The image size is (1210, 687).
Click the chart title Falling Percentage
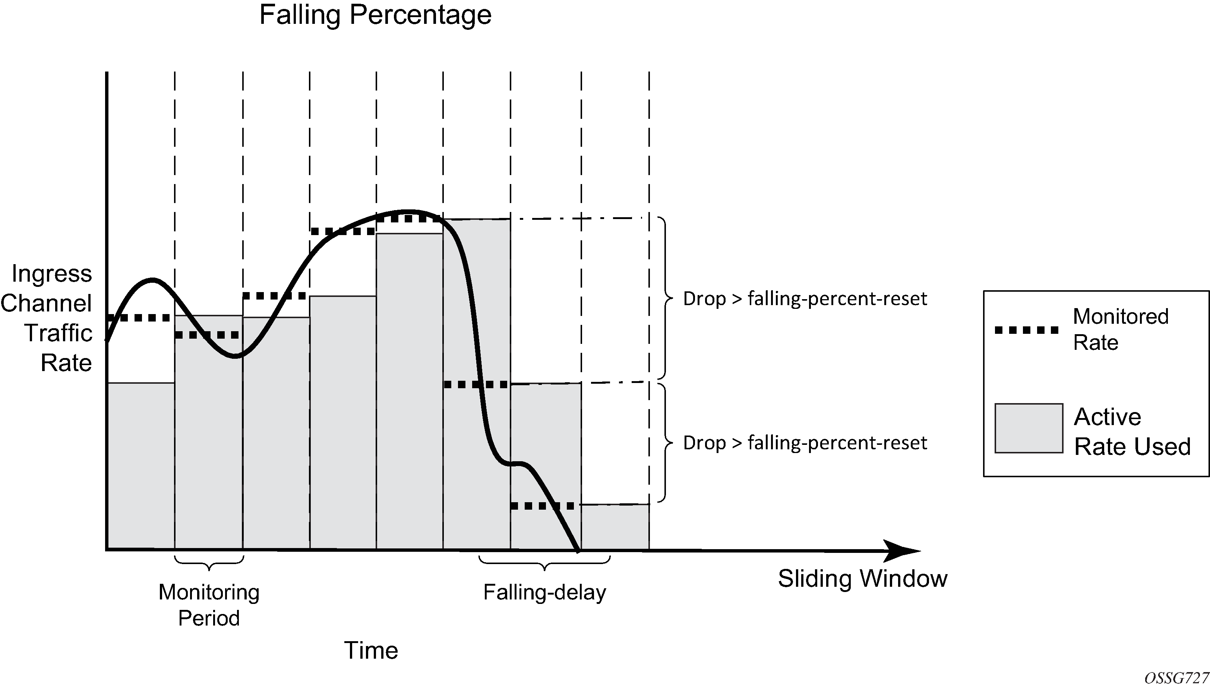375,15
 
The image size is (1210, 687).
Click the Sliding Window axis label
862,579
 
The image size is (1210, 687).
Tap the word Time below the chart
371,650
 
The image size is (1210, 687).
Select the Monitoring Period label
209,605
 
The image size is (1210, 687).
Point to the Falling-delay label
544,592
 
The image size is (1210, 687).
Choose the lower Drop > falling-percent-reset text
805,443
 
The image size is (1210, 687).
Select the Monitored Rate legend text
1120,329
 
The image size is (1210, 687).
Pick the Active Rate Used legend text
1132,432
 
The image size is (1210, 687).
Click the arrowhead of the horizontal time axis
904,550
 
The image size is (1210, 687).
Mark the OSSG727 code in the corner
1176,678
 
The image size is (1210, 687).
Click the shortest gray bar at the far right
615,527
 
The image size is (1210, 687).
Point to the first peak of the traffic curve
152,280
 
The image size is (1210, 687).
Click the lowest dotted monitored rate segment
543,506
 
